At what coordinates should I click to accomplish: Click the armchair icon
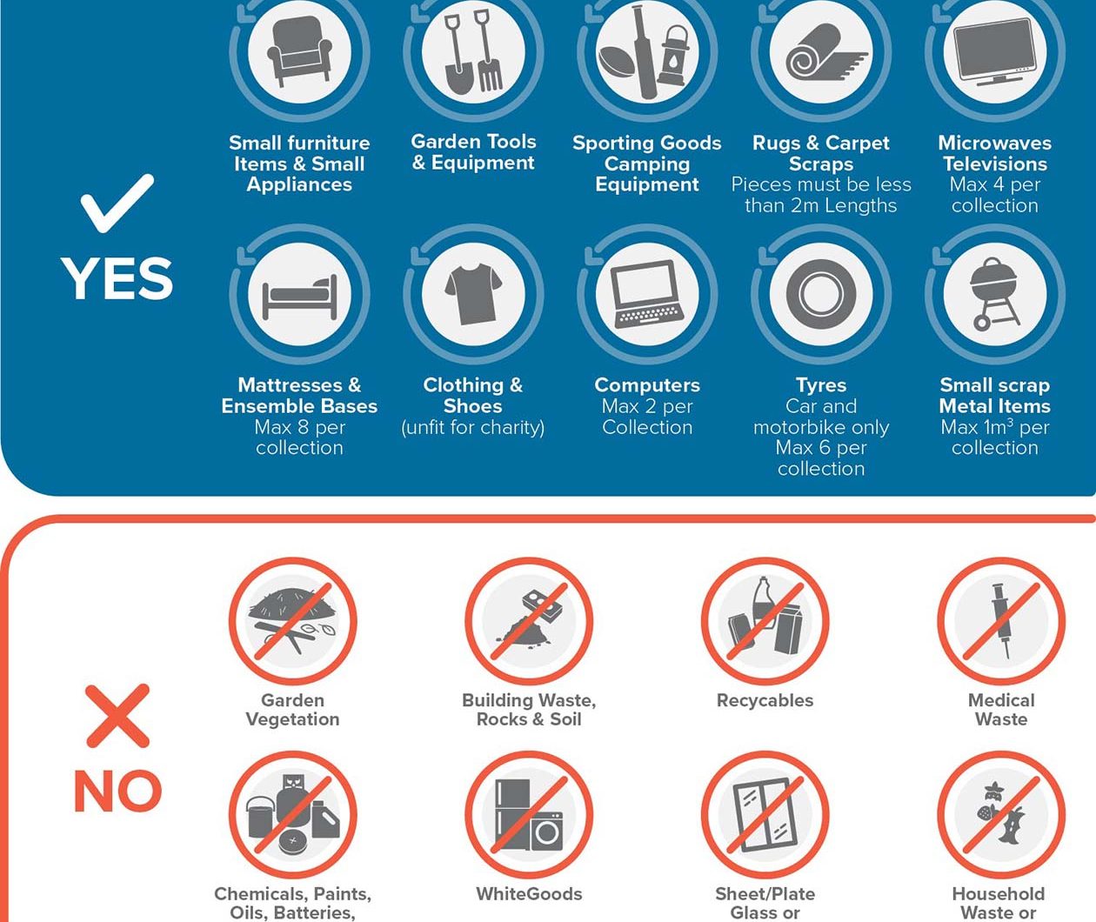click(300, 51)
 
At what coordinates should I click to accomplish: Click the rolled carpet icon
click(820, 52)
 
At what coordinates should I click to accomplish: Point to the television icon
click(995, 52)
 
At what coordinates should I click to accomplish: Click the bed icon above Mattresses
click(300, 296)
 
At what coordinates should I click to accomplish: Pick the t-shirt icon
click(473, 294)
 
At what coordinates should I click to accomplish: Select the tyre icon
click(821, 294)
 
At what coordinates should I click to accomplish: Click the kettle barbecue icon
click(994, 294)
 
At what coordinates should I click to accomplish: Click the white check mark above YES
click(117, 203)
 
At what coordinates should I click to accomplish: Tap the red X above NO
click(117, 716)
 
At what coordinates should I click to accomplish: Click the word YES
click(117, 278)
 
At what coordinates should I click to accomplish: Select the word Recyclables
click(765, 700)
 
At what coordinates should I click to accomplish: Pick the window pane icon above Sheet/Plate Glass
click(765, 815)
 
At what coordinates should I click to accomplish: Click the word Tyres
click(821, 385)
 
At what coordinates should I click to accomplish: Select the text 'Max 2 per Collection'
click(647, 417)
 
